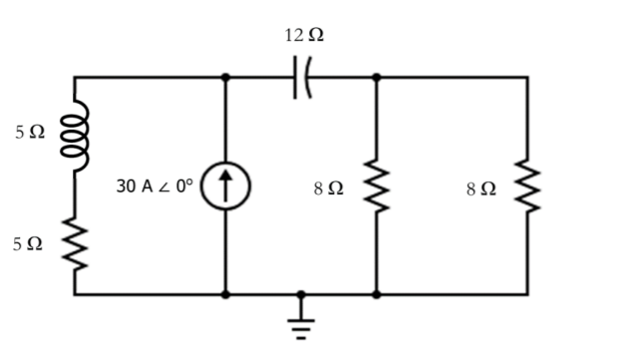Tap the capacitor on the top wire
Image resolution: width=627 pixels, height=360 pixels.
click(x=302, y=77)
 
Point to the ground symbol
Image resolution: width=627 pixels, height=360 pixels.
click(x=301, y=322)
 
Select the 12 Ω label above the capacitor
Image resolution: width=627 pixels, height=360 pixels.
click(x=303, y=35)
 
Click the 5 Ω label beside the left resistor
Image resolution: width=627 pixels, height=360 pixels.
click(x=29, y=244)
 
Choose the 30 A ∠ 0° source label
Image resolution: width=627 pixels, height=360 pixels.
click(x=155, y=186)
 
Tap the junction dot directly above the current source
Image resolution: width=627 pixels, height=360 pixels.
click(x=225, y=77)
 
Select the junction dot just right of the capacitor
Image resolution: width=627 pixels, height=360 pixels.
click(x=376, y=77)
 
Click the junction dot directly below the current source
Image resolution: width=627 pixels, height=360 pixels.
click(x=225, y=294)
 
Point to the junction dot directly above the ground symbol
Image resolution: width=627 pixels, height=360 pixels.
click(x=301, y=294)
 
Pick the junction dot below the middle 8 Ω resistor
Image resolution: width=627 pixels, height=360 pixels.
click(x=376, y=294)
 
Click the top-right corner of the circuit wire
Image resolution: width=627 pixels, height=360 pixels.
click(x=527, y=77)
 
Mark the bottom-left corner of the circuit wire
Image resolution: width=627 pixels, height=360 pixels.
click(x=74, y=294)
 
